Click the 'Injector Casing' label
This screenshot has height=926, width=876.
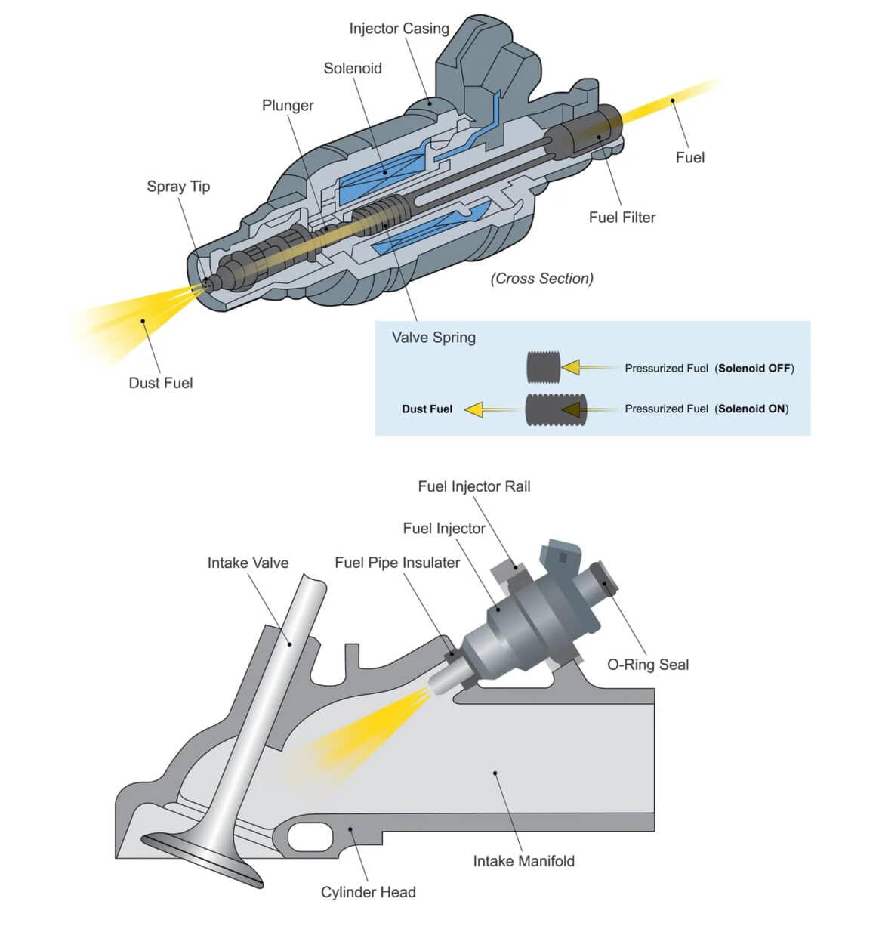click(399, 29)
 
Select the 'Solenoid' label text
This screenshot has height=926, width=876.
click(353, 68)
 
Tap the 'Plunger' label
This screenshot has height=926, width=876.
click(288, 106)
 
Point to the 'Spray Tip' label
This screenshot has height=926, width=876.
click(178, 187)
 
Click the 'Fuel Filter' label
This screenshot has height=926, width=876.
click(622, 218)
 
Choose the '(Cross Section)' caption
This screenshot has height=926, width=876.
click(541, 279)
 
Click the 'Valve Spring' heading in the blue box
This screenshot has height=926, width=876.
click(433, 338)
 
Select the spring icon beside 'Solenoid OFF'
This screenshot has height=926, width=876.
click(543, 367)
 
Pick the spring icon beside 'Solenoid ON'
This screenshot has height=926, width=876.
click(551, 409)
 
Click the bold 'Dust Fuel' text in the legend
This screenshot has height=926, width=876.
click(427, 409)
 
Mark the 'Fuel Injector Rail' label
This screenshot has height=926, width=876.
click(473, 487)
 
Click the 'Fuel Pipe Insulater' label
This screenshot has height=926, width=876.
click(397, 563)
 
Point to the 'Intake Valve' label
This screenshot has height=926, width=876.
click(248, 563)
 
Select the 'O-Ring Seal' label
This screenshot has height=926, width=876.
click(648, 665)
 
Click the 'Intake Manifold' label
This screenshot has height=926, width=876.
click(523, 861)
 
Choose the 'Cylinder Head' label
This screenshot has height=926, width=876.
click(368, 893)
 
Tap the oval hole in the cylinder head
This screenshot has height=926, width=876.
click(310, 836)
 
